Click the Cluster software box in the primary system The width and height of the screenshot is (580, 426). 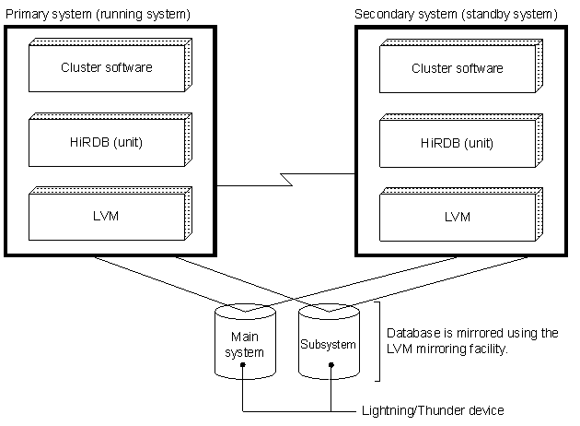click(x=110, y=65)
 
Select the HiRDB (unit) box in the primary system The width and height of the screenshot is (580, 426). click(x=110, y=139)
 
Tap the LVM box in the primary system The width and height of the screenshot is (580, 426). click(x=110, y=214)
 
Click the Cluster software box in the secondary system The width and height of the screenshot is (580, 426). click(x=461, y=66)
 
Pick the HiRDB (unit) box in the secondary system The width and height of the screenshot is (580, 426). click(x=461, y=141)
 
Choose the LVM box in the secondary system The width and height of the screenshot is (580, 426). click(x=461, y=215)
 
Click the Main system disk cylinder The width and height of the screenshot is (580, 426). click(x=245, y=341)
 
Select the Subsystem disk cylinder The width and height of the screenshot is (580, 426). click(x=329, y=341)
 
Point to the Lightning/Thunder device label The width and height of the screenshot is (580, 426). click(x=433, y=410)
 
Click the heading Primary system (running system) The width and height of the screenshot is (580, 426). click(x=98, y=15)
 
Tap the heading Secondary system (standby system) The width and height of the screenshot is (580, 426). click(x=456, y=15)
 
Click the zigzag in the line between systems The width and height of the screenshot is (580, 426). click(x=286, y=179)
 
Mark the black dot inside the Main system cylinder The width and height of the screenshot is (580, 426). click(x=243, y=365)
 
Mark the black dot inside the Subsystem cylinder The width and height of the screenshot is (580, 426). click(x=331, y=365)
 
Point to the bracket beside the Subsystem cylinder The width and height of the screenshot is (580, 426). click(x=377, y=341)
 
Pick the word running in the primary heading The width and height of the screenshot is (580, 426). click(x=121, y=15)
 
